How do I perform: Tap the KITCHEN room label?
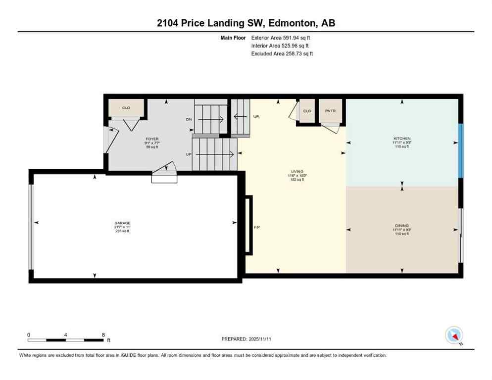(x=401, y=139)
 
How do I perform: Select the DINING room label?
(x=401, y=226)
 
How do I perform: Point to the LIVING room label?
(x=297, y=172)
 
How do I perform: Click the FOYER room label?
(x=151, y=139)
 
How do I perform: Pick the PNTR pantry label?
(x=330, y=111)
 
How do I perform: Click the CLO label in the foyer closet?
(x=126, y=107)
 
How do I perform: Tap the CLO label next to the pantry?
(x=307, y=111)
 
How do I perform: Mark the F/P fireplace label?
(x=257, y=228)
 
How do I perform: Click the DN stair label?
(x=189, y=119)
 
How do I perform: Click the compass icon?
(x=453, y=335)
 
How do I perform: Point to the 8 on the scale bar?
(x=103, y=334)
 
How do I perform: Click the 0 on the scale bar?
(x=29, y=334)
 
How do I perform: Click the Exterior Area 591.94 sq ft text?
(x=281, y=38)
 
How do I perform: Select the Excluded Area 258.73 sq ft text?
(x=282, y=53)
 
